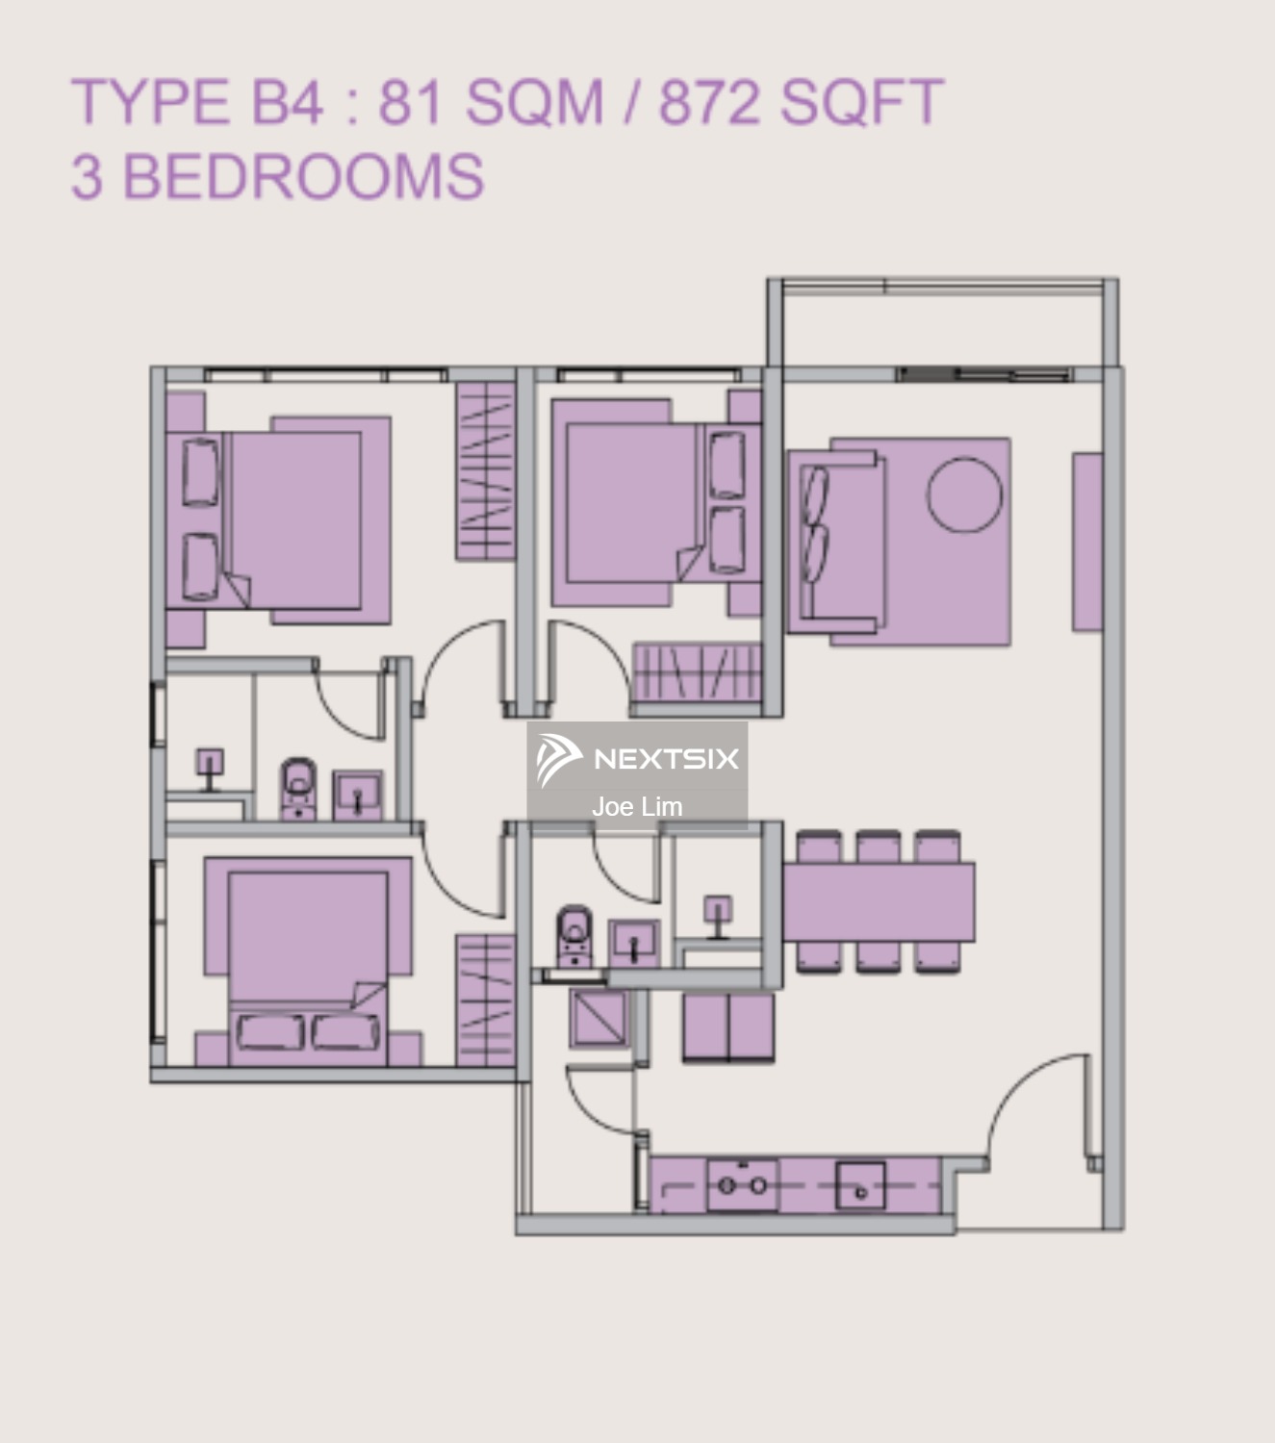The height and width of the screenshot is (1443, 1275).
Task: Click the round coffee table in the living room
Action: [x=963, y=494]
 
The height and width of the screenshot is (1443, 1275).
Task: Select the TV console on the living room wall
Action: [x=1086, y=543]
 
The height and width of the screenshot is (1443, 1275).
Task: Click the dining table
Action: [x=878, y=901]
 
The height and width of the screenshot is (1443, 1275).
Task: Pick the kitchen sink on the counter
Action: [x=859, y=1185]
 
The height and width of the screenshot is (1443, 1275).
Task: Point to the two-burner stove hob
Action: [x=742, y=1185]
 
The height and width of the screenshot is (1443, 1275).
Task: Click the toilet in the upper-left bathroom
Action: [x=297, y=788]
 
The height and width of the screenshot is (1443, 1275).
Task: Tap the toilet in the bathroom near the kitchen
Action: [x=574, y=934]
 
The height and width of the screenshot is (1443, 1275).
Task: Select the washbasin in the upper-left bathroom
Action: [x=357, y=795]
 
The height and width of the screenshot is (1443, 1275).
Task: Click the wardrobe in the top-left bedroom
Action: [x=485, y=470]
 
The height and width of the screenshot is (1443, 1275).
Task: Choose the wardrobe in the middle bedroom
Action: [x=697, y=671]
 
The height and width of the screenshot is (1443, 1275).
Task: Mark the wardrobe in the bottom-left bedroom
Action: [x=485, y=1000]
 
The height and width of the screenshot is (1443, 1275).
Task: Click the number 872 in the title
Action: [x=711, y=102]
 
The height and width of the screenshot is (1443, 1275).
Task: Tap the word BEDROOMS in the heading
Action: [x=303, y=177]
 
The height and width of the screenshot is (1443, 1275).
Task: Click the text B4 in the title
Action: [x=287, y=102]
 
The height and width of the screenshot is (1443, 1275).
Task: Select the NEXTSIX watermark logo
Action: [x=637, y=759]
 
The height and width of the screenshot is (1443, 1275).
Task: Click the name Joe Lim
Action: [x=637, y=806]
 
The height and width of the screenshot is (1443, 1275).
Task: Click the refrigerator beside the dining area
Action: [x=727, y=1027]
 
